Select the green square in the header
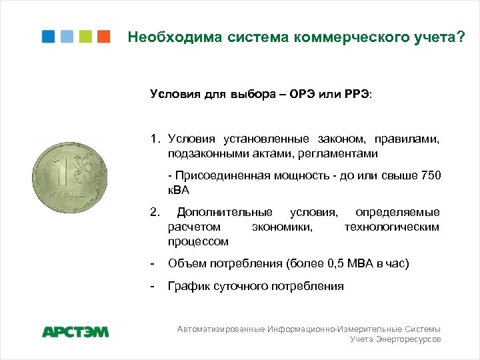point(85,36)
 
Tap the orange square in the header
point(103,36)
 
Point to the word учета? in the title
point(441,38)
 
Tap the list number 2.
point(154,213)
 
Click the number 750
point(431,175)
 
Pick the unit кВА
point(179,190)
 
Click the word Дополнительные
point(224,213)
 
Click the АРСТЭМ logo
point(75,331)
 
